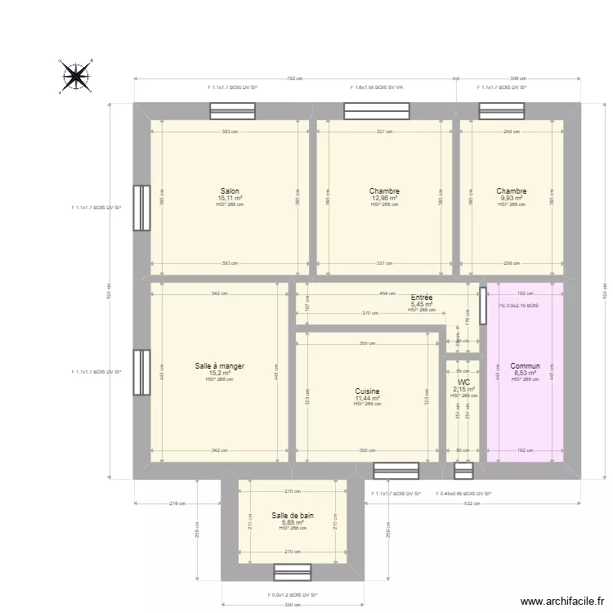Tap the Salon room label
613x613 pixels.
click(x=230, y=191)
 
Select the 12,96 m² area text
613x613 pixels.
click(x=384, y=198)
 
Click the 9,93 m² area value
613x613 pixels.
click(x=512, y=198)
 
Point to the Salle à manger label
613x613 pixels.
click(x=220, y=366)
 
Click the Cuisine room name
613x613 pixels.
click(x=368, y=392)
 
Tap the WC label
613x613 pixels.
click(x=463, y=382)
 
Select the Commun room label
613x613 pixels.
click(x=525, y=366)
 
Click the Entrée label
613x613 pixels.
click(x=422, y=298)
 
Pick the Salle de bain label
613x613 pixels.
click(x=293, y=516)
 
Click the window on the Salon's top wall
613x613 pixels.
click(x=233, y=111)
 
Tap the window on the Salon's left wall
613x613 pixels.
click(x=141, y=208)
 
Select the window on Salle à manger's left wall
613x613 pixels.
click(x=141, y=373)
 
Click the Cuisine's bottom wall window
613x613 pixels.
click(x=396, y=471)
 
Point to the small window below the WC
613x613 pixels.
click(x=463, y=471)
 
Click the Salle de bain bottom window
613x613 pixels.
click(x=293, y=572)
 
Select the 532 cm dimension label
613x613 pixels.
click(x=472, y=503)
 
